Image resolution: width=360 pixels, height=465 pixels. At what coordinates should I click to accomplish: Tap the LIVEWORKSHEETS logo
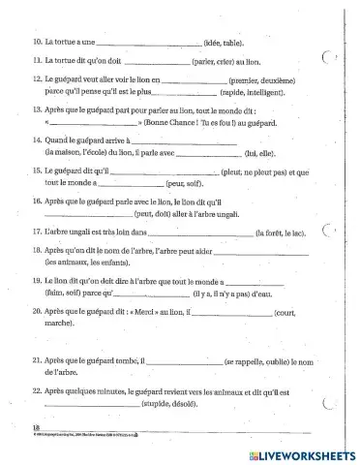pos(299,451)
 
